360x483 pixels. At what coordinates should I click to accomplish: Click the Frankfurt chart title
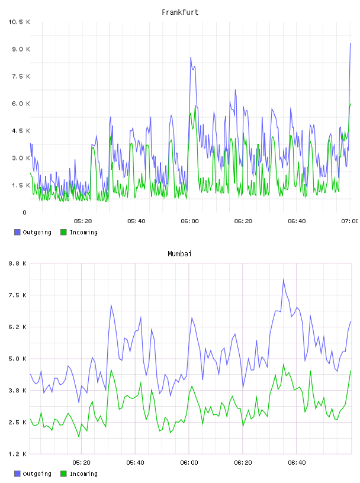[x=180, y=12]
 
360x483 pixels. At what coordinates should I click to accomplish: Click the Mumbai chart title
[x=179, y=253]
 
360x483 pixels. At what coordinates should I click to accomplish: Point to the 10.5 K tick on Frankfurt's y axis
[x=19, y=22]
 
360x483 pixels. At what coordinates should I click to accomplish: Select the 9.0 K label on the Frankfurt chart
[x=21, y=49]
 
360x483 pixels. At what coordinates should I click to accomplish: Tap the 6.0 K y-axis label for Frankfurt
[x=21, y=104]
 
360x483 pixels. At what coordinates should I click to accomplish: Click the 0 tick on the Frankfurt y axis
[x=25, y=212]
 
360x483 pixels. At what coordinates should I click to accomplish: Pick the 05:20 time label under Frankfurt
[x=83, y=221]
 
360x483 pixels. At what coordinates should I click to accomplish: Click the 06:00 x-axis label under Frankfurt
[x=190, y=221]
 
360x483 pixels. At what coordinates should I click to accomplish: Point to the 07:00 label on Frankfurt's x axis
[x=350, y=221]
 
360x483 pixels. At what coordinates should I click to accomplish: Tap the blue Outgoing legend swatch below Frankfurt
[x=17, y=232]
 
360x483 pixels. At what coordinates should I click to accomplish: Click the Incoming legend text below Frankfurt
[x=83, y=232]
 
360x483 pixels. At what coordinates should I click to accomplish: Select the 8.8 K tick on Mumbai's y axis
[x=17, y=263]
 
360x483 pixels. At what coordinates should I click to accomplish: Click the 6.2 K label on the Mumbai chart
[x=17, y=327]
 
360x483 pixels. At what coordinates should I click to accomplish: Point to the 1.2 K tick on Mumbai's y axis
[x=17, y=454]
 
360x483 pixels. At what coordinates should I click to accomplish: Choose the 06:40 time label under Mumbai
[x=297, y=462]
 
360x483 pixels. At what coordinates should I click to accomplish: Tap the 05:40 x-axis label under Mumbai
[x=136, y=462]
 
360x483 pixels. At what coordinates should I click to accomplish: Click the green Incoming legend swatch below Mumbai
[x=63, y=474]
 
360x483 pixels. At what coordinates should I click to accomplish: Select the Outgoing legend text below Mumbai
[x=37, y=474]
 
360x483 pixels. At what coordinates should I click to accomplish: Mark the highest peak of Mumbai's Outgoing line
[x=283, y=279]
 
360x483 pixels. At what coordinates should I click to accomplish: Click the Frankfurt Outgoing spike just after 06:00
[x=191, y=57]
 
